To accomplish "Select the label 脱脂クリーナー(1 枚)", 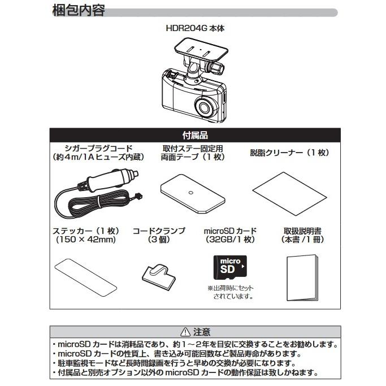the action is (x=289, y=153).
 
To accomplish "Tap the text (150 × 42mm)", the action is (x=86, y=240).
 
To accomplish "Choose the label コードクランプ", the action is (x=159, y=231).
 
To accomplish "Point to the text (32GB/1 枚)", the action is (x=229, y=240).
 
